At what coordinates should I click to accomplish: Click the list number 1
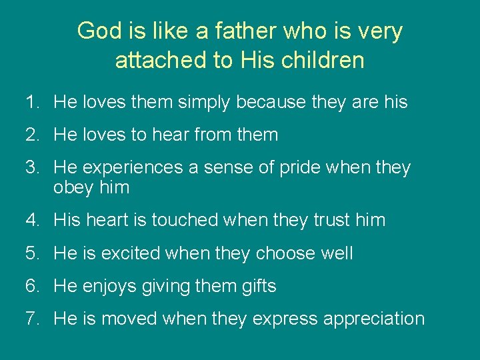coord(32,103)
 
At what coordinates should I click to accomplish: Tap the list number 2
coord(32,135)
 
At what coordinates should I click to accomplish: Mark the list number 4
coord(32,220)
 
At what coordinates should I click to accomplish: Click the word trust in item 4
coord(331,220)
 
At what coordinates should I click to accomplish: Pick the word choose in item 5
coord(284,253)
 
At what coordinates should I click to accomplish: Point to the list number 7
coord(32,319)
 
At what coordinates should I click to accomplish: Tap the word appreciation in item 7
coord(373,319)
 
